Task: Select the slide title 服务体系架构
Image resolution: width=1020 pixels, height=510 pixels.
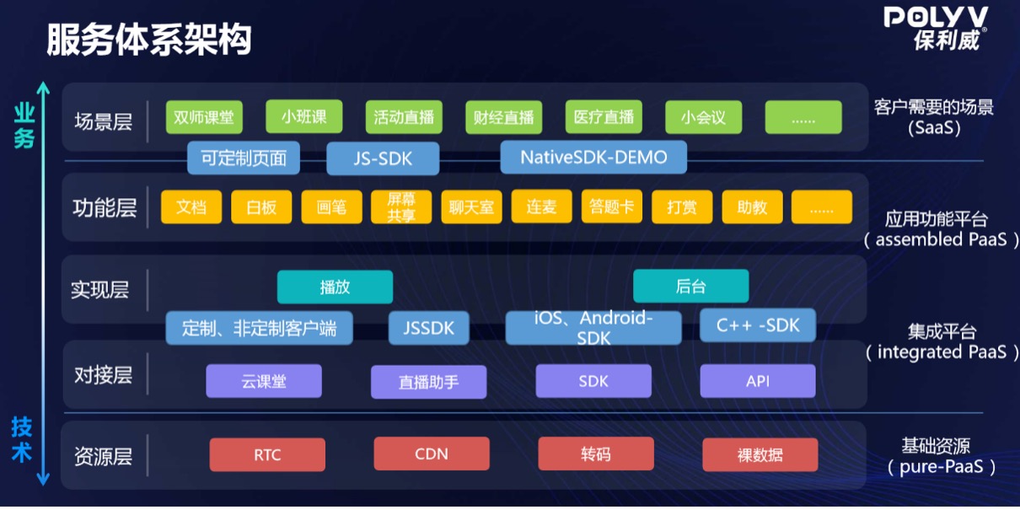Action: coord(148,40)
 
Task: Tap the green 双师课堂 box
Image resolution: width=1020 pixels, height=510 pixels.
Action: coord(203,117)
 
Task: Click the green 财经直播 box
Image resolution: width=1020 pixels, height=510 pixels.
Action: coord(503,118)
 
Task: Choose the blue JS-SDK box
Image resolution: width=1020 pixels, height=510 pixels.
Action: coord(383,158)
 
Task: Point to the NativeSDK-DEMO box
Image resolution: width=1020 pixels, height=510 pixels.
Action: coord(593,158)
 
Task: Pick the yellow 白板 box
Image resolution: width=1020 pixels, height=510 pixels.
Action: coord(261,207)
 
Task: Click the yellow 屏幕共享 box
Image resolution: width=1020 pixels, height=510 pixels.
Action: coord(401,207)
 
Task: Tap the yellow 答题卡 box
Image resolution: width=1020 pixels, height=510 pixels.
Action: coord(611,207)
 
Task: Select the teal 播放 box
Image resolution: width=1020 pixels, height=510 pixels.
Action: coord(335,287)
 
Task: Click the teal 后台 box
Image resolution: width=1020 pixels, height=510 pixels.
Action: coord(690,287)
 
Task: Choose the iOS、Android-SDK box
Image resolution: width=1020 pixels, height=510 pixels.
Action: coord(593,328)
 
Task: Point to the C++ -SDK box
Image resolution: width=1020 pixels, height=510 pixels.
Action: coord(758,325)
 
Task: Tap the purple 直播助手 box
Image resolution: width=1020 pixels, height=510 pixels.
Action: coord(428,382)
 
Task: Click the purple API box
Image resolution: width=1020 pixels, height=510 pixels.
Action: coord(758,381)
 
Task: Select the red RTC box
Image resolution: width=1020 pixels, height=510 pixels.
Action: coord(267,455)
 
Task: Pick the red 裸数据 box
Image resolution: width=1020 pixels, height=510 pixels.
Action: coord(760,455)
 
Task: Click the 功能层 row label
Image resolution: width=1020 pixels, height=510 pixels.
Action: coord(105,207)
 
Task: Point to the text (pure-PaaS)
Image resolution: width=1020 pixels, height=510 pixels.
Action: coord(941,466)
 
